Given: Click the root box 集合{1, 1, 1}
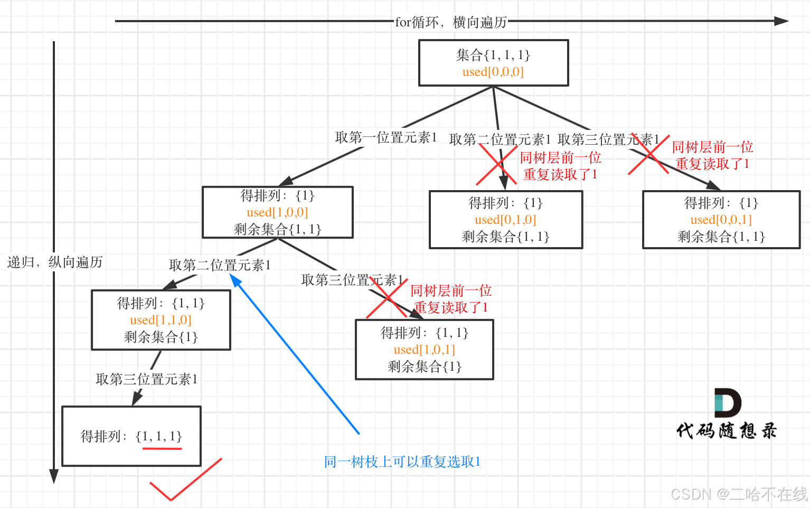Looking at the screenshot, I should click(493, 62).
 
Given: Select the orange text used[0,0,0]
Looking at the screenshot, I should click(493, 72).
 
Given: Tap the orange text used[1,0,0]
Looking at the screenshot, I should click(277, 212).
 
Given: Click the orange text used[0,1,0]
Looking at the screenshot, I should click(505, 220).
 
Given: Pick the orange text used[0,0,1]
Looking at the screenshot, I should click(721, 220).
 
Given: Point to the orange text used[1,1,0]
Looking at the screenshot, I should click(161, 320).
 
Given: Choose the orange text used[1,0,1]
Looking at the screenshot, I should click(424, 350).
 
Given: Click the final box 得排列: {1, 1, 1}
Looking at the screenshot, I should click(131, 436).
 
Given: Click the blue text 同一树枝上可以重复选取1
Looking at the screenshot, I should click(402, 462).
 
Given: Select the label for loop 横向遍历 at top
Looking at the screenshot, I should click(451, 22).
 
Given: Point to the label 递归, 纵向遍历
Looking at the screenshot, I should click(55, 262).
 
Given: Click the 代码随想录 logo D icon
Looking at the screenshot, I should click(727, 402).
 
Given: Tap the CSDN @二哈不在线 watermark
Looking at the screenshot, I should click(739, 494).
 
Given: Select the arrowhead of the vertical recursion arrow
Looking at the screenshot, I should click(53, 476).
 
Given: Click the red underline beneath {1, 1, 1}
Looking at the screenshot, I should click(162, 449).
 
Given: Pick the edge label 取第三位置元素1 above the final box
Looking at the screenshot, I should click(147, 379).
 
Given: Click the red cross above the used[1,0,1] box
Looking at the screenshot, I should click(387, 298).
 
